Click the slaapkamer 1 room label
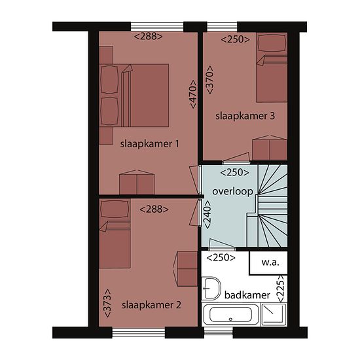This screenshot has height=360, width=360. click(x=149, y=144)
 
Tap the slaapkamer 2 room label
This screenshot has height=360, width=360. click(x=151, y=305)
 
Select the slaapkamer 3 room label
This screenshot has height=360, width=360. click(x=245, y=116)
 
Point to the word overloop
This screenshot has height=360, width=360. click(x=232, y=192)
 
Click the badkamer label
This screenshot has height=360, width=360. click(x=247, y=295)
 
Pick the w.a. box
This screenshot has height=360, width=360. click(x=268, y=263)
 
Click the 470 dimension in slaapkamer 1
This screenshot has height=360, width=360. click(x=193, y=94)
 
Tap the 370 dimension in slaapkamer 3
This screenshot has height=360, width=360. click(x=209, y=80)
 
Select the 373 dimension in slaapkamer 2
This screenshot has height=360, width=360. click(x=108, y=303)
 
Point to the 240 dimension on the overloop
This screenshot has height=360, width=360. click(x=207, y=215)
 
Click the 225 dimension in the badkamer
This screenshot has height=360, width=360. click(x=281, y=289)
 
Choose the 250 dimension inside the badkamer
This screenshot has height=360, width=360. click(x=221, y=258)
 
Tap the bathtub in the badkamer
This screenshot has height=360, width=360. click(x=231, y=314)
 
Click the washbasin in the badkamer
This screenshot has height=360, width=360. click(x=211, y=289)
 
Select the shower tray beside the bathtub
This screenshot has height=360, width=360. click(x=274, y=314)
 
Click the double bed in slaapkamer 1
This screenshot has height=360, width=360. click(x=134, y=96)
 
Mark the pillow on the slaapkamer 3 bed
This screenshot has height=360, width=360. click(x=272, y=43)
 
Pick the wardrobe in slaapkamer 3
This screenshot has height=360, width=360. click(x=270, y=148)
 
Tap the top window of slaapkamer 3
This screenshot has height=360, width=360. click(x=222, y=27)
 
